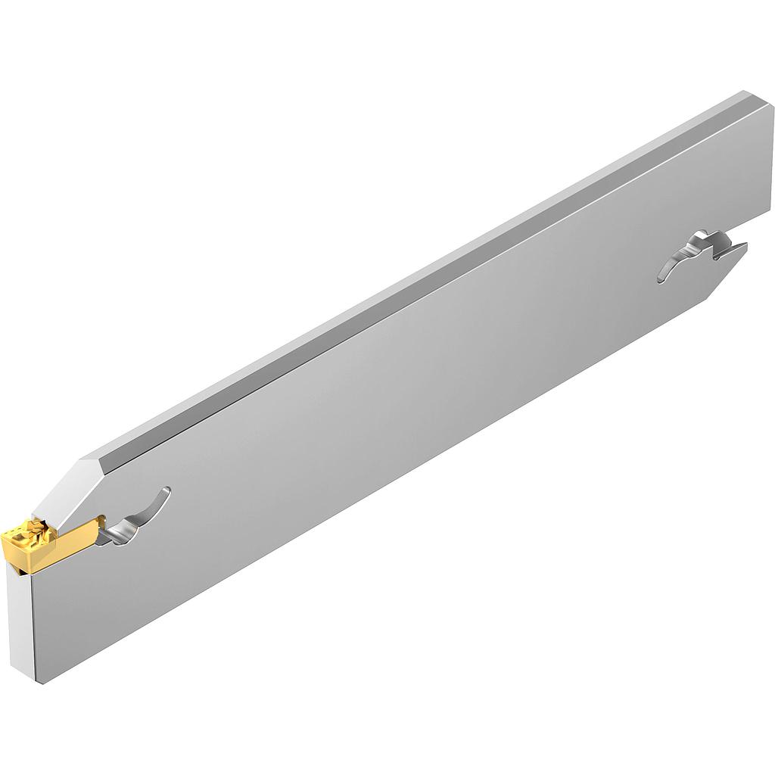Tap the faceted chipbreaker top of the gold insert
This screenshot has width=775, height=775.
(29, 531)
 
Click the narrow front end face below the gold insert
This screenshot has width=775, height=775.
(20, 621)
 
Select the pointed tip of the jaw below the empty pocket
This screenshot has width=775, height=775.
(745, 247)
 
